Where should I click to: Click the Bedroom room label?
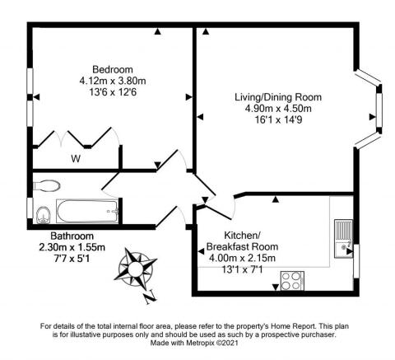coord(113,69)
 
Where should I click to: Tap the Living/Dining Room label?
coord(278,97)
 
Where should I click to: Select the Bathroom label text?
coord(72,236)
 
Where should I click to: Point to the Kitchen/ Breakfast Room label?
coord(242,241)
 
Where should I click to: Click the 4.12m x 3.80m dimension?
coord(113,81)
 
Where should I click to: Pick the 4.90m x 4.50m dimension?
coord(278,109)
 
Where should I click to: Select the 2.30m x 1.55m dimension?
coord(72,247)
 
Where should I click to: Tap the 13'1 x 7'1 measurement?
coord(242,269)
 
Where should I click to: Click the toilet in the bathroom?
coord(47,185)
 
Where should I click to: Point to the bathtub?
coord(87,211)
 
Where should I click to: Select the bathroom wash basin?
coord(44,215)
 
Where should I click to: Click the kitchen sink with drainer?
coord(343,238)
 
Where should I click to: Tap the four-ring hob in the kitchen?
coord(292,281)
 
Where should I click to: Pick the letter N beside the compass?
coord(150,297)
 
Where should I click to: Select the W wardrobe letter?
coord(76,158)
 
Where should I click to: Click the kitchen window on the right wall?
coord(356,261)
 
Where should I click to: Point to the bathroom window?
coord(30,208)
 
